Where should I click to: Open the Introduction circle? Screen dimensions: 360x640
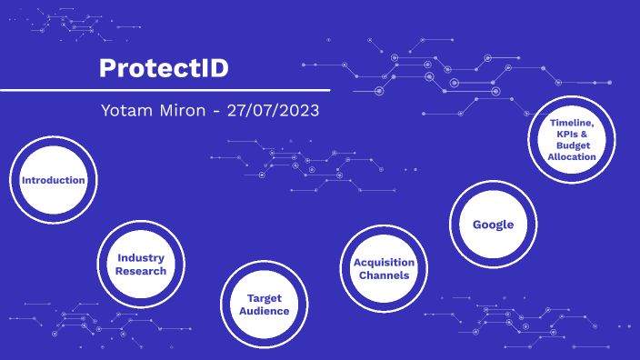click(53, 180)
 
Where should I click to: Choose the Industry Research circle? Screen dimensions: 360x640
click(141, 265)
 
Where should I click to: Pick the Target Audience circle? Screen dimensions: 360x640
click(264, 305)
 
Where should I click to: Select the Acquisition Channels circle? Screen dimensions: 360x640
click(384, 268)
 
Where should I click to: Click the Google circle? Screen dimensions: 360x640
click(493, 225)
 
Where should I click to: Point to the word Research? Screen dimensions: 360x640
click(141, 271)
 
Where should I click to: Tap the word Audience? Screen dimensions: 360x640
click(264, 311)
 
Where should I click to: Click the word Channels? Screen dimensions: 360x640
click(384, 275)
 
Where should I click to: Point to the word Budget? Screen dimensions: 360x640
click(573, 145)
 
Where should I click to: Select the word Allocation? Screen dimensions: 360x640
click(572, 156)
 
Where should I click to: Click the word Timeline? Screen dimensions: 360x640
click(571, 123)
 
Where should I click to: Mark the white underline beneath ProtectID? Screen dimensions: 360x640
click(164, 90)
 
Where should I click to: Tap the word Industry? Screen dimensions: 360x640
click(141, 258)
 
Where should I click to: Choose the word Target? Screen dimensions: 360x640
click(265, 298)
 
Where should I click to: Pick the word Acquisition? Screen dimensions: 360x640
click(384, 263)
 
